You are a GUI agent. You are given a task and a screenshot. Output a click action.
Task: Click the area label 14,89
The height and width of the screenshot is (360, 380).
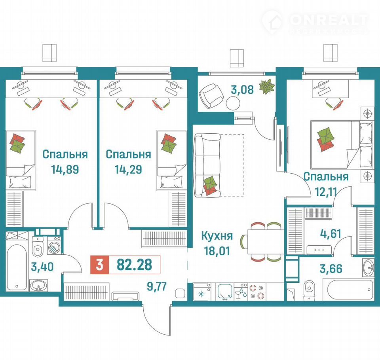coord(65,169)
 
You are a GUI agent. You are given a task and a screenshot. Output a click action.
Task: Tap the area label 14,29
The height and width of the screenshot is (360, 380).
coord(128,169)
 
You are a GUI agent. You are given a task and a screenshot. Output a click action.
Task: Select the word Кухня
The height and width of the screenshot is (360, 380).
coord(217,236)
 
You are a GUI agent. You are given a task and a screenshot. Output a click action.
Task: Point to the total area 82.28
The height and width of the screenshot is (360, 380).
coord(134,265)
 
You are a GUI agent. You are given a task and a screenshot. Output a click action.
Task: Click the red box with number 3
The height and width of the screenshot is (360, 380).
coord(100,265)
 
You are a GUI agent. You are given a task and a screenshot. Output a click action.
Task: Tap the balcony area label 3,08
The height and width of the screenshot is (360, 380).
coord(242,89)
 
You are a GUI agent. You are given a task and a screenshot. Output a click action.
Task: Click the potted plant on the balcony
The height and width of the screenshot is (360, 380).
coord(267,87)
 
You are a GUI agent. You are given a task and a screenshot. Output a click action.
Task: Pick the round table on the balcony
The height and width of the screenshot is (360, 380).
coord(233,103)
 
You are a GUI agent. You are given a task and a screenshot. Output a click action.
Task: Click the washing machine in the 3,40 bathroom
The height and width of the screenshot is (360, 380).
coord(55,245)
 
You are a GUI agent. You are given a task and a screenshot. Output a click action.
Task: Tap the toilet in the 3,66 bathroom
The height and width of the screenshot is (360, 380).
coord(309,290)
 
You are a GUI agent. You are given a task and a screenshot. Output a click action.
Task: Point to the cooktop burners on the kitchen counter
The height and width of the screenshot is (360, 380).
coord(257,292)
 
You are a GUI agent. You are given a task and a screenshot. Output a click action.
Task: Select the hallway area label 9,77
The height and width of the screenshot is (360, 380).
coord(157,286)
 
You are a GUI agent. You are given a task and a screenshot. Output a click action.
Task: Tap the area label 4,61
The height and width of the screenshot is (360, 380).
coord(331,233)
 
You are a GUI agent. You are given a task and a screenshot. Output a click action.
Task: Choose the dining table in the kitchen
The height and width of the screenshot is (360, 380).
coord(266,241)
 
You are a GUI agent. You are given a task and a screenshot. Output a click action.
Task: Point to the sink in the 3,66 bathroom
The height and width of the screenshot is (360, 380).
coord(369,267)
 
